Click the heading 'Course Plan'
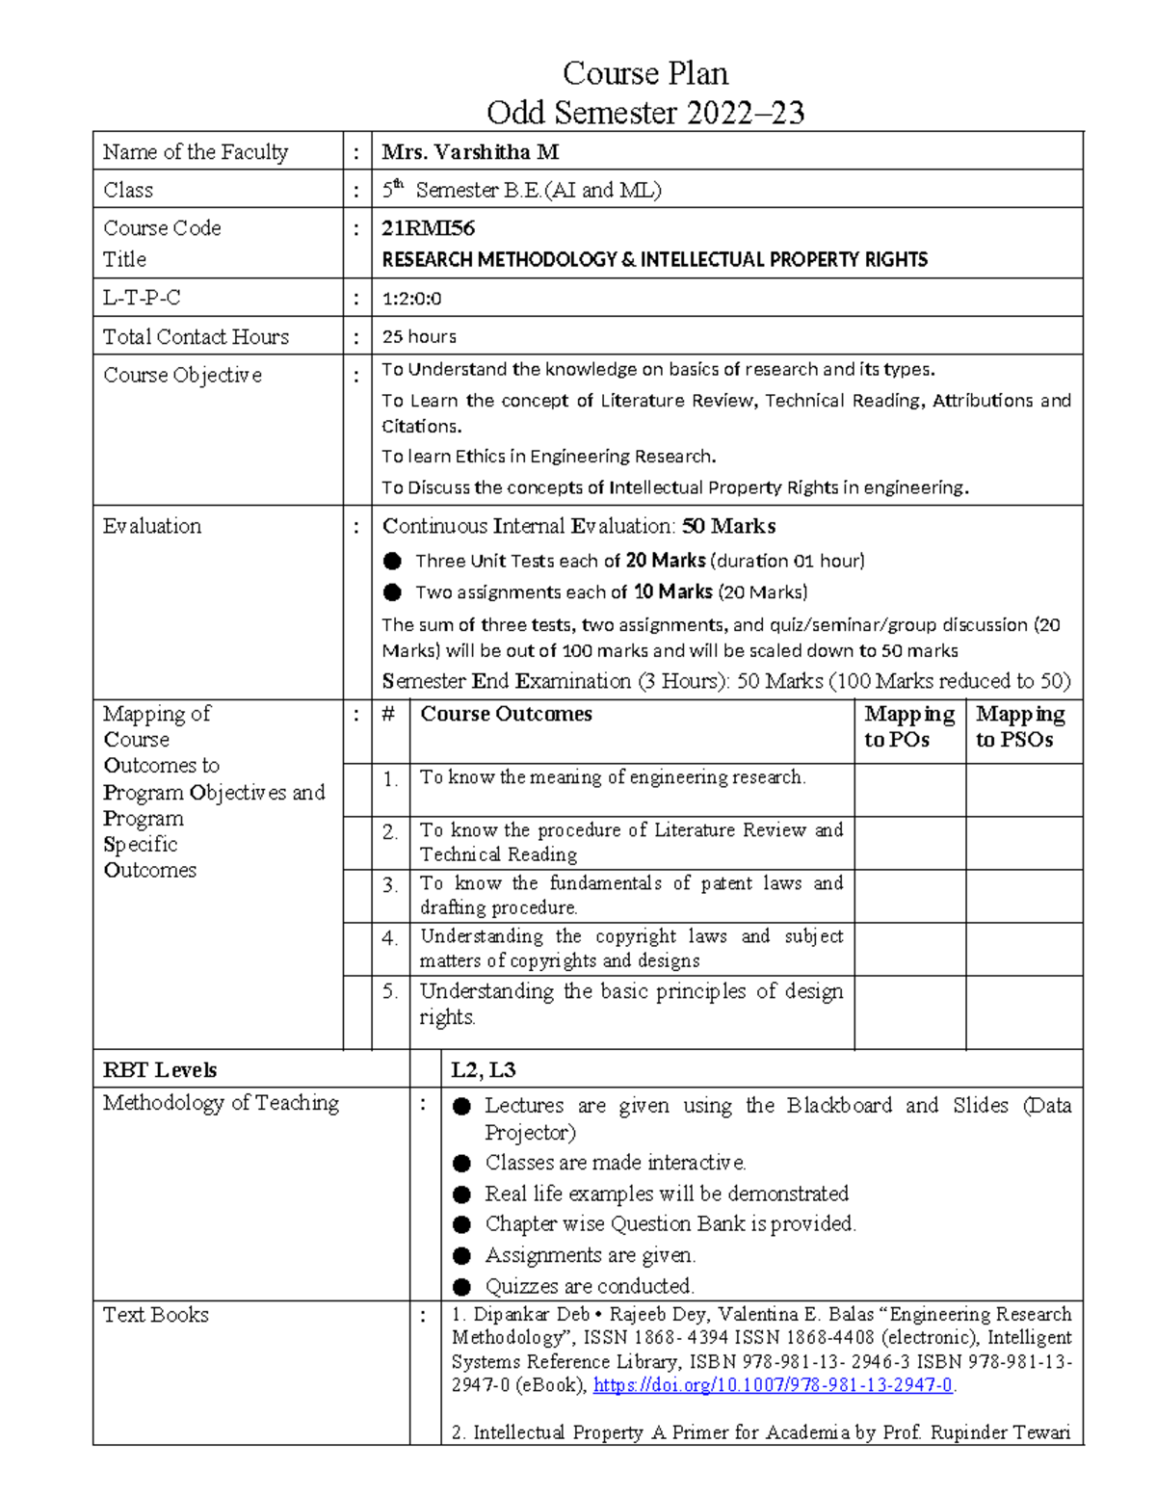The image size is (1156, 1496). (644, 73)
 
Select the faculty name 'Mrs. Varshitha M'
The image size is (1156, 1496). (470, 152)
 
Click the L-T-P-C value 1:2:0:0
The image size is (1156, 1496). (411, 299)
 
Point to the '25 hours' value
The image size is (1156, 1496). (419, 337)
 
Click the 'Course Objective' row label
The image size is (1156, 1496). (182, 375)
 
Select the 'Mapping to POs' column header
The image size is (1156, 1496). (908, 726)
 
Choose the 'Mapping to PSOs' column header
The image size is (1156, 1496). (1020, 726)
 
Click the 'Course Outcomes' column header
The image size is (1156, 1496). (506, 714)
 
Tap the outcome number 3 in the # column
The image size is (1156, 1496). (390, 885)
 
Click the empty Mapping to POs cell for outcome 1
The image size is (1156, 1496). (909, 790)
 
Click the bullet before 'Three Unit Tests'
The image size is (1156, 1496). (392, 562)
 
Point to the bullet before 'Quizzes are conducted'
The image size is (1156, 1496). (462, 1287)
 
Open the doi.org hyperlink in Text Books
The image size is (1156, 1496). (773, 1385)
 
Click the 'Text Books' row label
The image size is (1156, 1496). (156, 1315)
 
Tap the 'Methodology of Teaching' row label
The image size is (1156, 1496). (221, 1103)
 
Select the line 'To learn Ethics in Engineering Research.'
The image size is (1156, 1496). (549, 457)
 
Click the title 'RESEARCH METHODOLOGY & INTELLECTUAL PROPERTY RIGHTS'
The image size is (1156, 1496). (654, 260)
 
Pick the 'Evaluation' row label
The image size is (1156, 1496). (152, 526)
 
